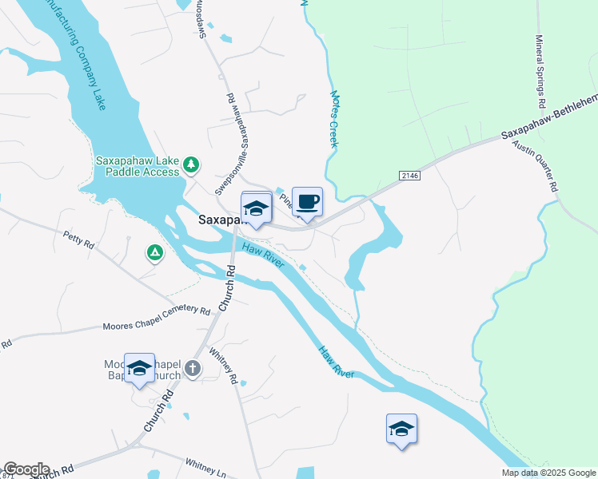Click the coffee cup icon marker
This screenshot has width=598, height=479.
[x=307, y=202]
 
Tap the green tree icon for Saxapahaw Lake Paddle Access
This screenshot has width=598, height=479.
[x=190, y=164]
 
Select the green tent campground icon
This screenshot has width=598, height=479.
[x=154, y=253]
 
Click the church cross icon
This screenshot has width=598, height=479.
[x=192, y=368]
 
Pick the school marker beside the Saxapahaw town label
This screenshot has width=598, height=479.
[x=256, y=208]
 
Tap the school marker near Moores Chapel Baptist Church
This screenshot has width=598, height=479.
[x=139, y=368]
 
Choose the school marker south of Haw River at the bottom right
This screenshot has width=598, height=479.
[x=401, y=429]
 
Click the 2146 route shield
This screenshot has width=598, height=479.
[x=408, y=174]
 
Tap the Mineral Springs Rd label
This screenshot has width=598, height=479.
[x=540, y=72]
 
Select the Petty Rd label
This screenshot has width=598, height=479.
[x=78, y=239]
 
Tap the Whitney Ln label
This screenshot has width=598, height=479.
[x=206, y=467]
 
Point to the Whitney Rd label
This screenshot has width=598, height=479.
[x=223, y=366]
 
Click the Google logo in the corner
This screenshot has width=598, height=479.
[x=26, y=469]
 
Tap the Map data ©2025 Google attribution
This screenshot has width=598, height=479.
[x=548, y=473]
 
